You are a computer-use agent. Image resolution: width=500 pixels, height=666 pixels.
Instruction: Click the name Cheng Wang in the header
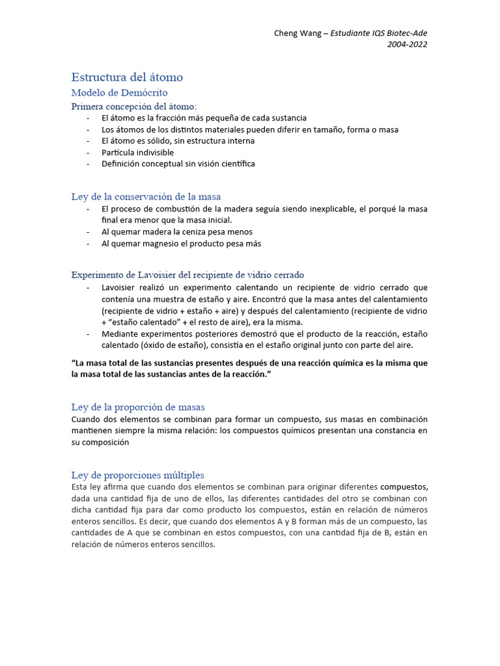point(298,34)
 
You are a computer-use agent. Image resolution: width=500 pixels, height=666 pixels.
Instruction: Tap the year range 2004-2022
point(408,44)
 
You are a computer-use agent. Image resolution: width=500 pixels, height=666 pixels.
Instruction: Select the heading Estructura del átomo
point(127,77)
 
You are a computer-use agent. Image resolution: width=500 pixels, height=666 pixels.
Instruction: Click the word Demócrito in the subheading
point(144,93)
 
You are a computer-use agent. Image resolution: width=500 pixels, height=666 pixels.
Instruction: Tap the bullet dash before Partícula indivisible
point(88,152)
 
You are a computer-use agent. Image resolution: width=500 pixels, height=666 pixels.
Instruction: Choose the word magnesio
point(158,243)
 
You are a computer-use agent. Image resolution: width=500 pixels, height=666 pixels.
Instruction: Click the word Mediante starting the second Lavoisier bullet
point(120,334)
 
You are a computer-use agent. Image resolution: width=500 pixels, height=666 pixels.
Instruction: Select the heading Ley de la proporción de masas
point(138,407)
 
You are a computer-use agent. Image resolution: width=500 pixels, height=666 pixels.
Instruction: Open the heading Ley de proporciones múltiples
point(137,475)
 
